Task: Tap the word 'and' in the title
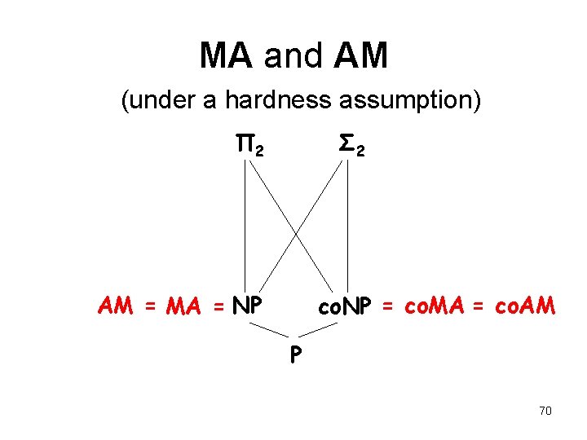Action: [293, 56]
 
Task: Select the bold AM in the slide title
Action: [360, 56]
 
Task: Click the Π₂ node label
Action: [249, 147]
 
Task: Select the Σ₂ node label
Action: [351, 147]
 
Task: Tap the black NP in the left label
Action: [247, 306]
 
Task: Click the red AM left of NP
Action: [116, 306]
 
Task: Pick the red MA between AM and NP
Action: [184, 306]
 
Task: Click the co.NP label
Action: [346, 306]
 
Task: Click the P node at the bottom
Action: [293, 353]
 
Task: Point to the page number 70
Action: [545, 411]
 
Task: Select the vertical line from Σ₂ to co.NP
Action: [348, 224]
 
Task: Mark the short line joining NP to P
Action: [268, 329]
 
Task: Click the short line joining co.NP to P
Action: [319, 329]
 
